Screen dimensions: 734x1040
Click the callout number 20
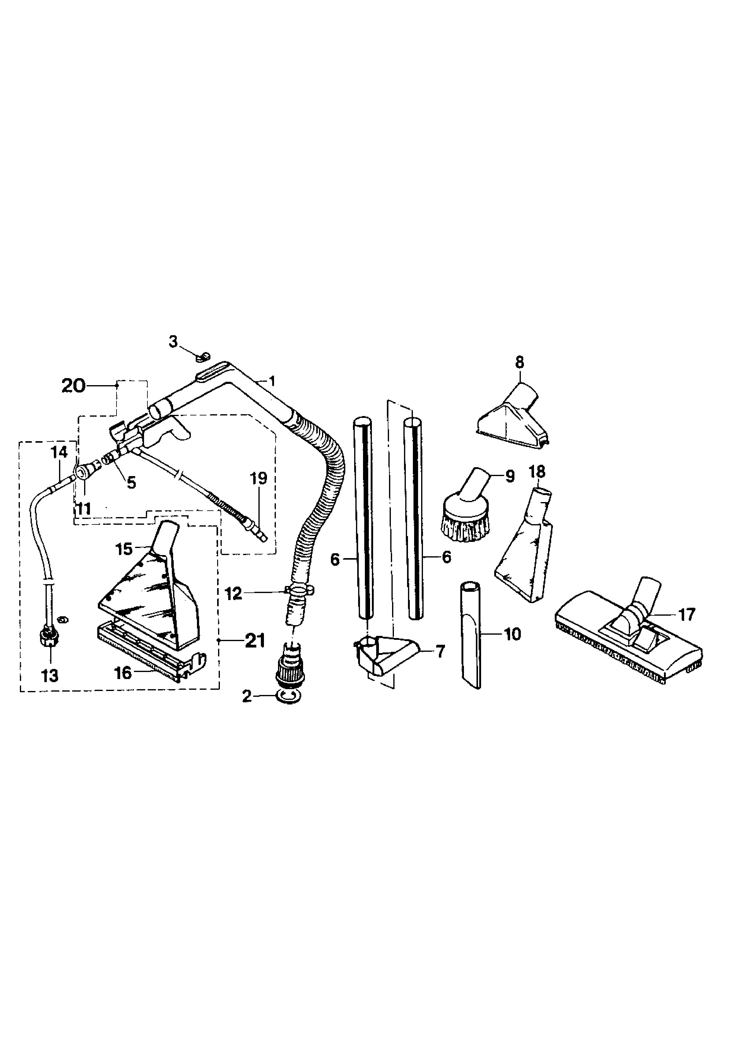coord(74,386)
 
